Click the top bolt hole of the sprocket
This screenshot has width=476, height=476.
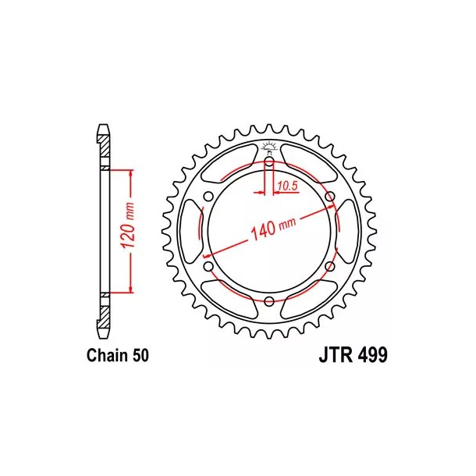pos(268,162)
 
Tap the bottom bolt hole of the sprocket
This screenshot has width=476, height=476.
pos(268,301)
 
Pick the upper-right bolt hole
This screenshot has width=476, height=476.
pos(329,197)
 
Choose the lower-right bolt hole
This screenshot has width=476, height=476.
pos(329,267)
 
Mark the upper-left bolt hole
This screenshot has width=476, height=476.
pos(208,197)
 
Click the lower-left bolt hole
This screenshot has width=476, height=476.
pos(208,267)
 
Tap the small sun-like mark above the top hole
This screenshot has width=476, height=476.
pos(268,145)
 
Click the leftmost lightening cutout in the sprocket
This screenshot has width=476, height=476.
pos(192,232)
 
